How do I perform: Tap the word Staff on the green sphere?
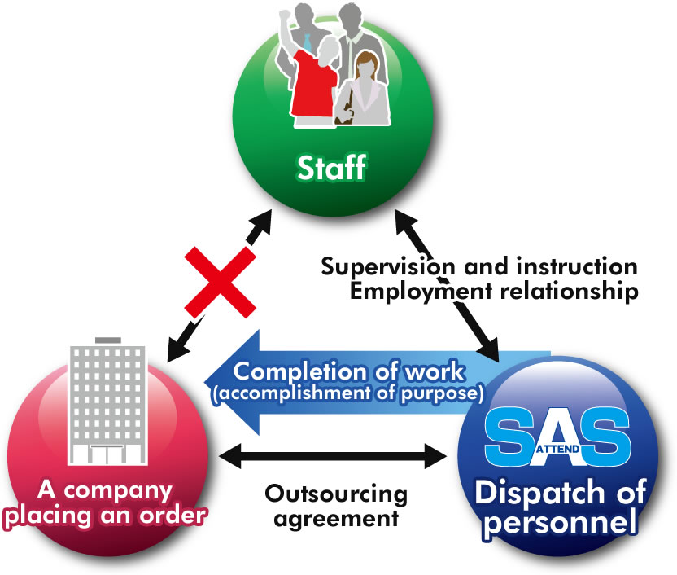click(331, 169)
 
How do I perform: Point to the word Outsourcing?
click(336, 494)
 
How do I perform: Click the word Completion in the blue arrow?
click(304, 371)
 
